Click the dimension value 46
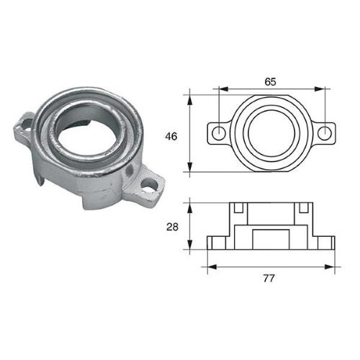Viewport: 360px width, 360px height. [171, 135]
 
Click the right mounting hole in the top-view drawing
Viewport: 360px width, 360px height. [324, 132]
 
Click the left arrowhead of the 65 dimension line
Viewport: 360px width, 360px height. [220, 90]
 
